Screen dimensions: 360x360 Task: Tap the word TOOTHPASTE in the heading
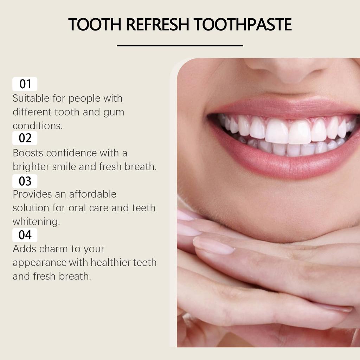[243, 25]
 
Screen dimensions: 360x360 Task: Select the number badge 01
[25, 84]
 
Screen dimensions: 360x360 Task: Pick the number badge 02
[25, 138]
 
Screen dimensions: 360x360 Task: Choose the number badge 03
[25, 181]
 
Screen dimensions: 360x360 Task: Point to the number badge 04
[25, 235]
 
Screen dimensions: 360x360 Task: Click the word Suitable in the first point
[32, 98]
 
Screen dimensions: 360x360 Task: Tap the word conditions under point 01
[37, 126]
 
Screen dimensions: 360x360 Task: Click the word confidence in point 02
[73, 153]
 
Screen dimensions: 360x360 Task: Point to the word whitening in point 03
[36, 222]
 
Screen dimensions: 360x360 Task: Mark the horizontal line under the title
[180, 45]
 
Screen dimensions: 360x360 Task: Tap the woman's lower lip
[281, 165]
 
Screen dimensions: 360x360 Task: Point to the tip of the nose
[288, 70]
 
